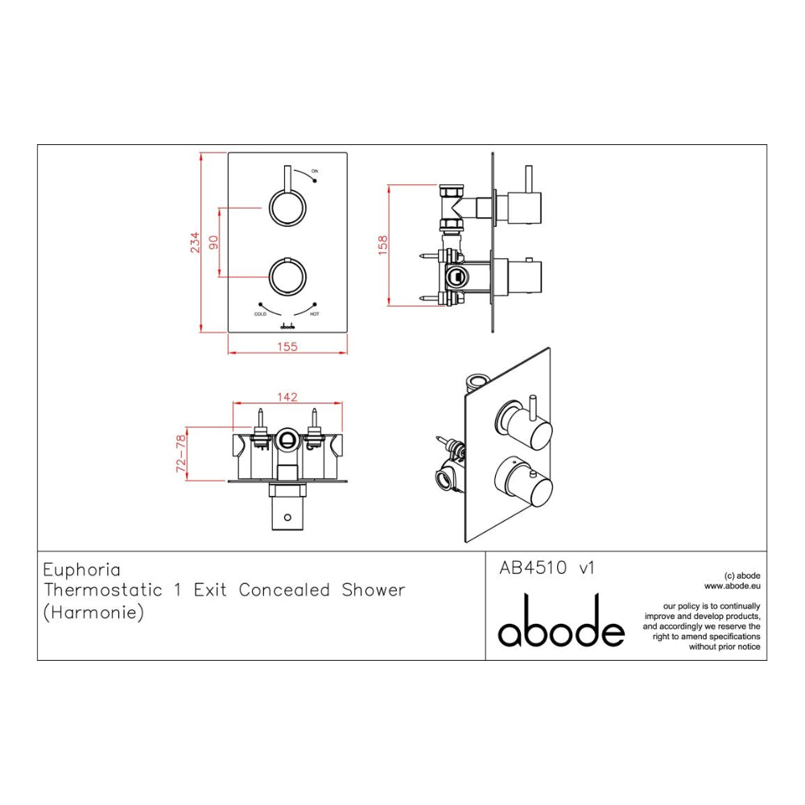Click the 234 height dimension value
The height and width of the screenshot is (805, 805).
195,242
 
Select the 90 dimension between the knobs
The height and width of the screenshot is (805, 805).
213,242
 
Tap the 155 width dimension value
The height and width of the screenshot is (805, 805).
287,347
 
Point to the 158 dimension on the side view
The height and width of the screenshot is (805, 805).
382,246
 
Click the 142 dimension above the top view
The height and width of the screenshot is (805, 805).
287,397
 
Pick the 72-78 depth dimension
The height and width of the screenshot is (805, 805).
180,454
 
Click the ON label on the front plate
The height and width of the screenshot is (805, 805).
315,171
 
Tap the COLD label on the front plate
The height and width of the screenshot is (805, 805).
260,314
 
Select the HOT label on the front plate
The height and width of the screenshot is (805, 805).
315,314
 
